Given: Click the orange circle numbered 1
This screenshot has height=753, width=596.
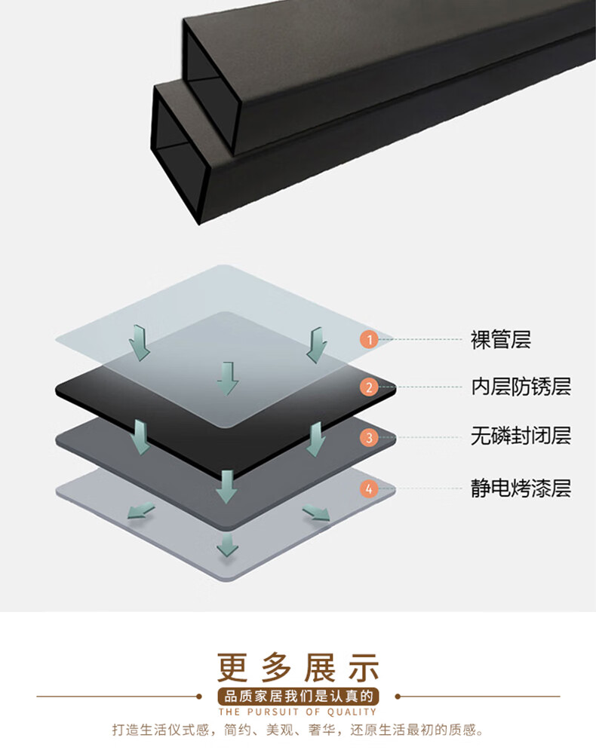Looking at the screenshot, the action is [x=369, y=339].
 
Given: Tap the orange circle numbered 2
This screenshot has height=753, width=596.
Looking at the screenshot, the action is [x=369, y=387].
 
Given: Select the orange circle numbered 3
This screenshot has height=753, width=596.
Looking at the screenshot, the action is [x=369, y=437].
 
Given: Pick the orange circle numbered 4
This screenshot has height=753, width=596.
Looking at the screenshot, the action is [x=369, y=489].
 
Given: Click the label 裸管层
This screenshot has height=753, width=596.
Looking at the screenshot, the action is [x=501, y=339].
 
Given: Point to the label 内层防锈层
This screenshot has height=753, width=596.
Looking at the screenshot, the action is [x=521, y=387].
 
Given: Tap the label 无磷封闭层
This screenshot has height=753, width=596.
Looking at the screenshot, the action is [x=521, y=436].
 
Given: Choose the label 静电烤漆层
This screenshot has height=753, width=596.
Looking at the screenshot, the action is [x=521, y=488].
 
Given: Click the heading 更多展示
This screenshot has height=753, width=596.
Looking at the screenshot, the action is [x=298, y=666].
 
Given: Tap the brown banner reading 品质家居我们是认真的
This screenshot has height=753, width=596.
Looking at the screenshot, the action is [x=298, y=696].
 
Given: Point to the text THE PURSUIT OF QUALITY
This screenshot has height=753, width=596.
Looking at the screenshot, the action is [x=298, y=712].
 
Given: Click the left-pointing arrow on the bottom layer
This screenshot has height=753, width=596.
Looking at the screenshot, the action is [x=140, y=512].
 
